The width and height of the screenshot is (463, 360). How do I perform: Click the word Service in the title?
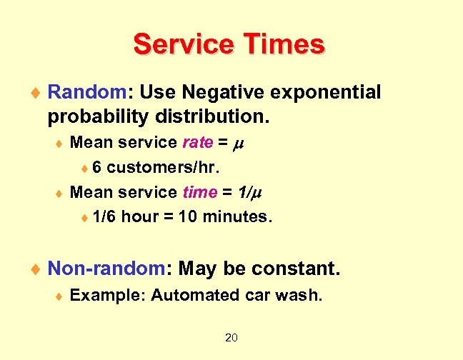coord(181,44)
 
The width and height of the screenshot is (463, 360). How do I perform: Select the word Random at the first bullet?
coord(86,92)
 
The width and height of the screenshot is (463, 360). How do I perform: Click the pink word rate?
coord(197,142)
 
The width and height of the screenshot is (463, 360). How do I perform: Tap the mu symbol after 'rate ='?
coord(241,143)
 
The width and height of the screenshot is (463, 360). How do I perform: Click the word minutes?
coord(237,216)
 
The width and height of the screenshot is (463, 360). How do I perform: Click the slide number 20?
coord(231,337)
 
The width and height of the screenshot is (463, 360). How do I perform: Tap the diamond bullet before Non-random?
coord(39,269)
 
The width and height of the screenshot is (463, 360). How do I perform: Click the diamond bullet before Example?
coord(60,295)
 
